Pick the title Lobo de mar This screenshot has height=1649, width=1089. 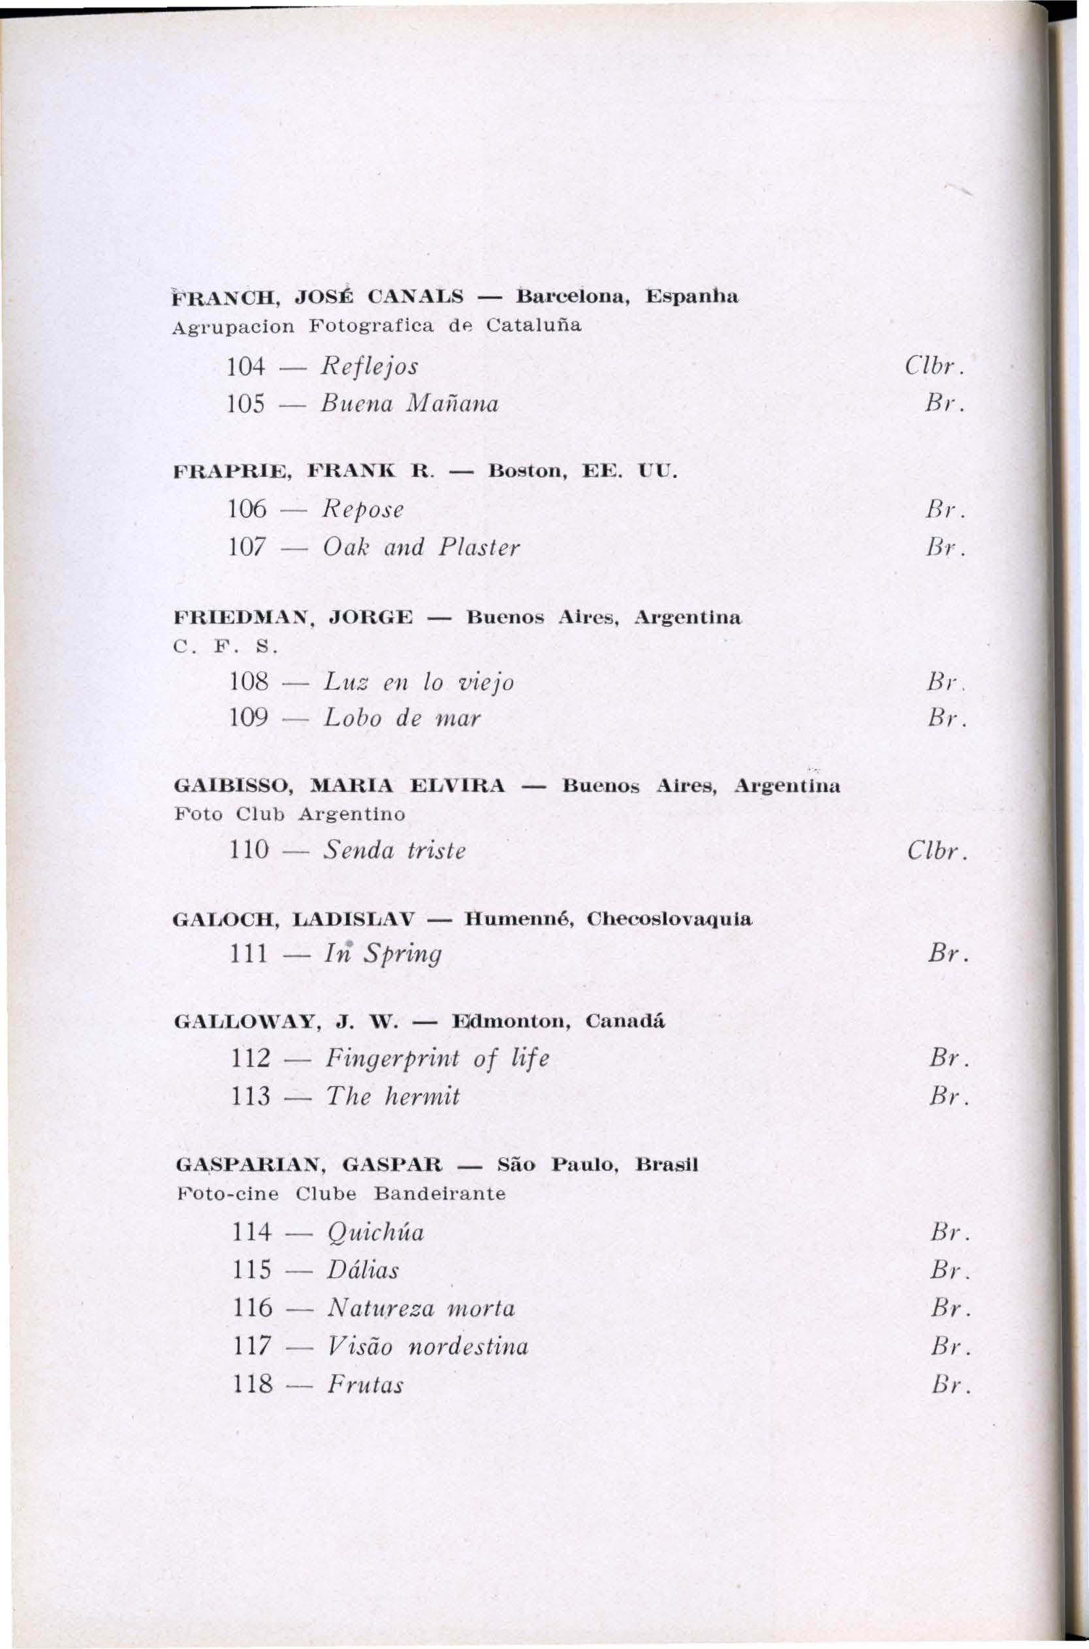402,718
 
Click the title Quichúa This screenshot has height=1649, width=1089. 373,1233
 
